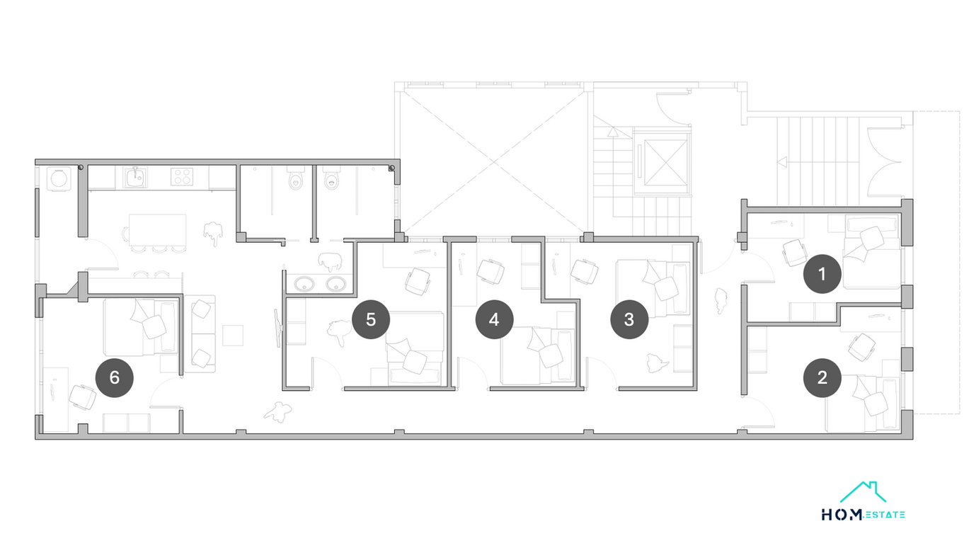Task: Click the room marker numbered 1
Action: pos(822,274)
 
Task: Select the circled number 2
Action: pos(822,378)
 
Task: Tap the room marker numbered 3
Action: pos(629,319)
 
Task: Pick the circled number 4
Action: pos(495,319)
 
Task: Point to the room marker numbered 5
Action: pos(371,319)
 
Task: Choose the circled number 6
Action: pos(114,378)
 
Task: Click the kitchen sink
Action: pos(135,178)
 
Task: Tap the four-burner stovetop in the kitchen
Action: pos(182,177)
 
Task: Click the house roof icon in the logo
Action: pos(862,493)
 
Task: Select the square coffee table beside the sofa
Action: pos(233,336)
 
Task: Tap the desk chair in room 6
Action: pos(83,397)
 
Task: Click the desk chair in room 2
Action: pos(862,347)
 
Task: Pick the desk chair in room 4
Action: pos(491,271)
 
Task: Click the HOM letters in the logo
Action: pos(842,515)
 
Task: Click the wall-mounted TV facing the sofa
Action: pos(277,328)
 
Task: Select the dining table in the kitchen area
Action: pos(157,230)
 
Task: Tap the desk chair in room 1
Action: pos(795,253)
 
